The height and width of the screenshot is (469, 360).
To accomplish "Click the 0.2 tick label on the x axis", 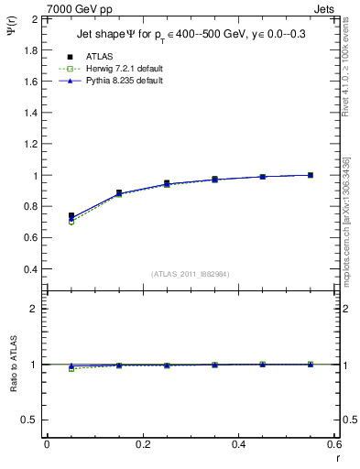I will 142,444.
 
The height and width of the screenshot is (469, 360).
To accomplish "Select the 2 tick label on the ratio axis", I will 35,309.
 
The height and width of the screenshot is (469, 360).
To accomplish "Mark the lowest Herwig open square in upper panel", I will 71,222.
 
